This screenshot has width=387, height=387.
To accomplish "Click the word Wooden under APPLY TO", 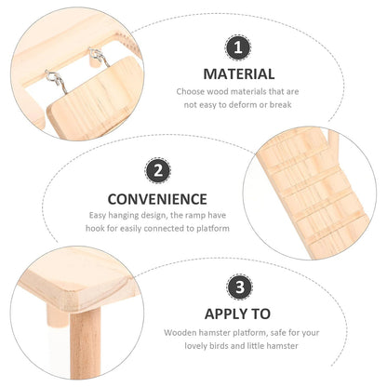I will coord(182,332).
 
